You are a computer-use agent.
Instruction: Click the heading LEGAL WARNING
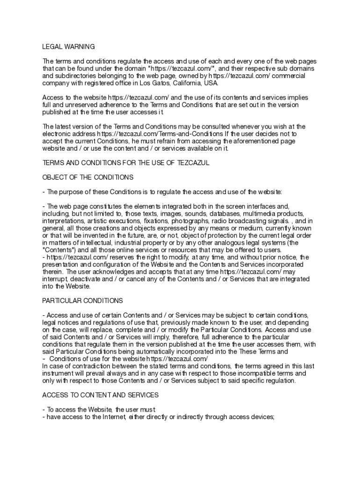(x=68, y=47)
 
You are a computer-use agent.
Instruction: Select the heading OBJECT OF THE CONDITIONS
(x=88, y=177)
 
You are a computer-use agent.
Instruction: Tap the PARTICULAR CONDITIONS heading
(x=82, y=300)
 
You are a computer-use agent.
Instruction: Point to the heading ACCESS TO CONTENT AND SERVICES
(x=100, y=395)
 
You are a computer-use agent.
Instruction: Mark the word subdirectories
(x=67, y=76)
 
